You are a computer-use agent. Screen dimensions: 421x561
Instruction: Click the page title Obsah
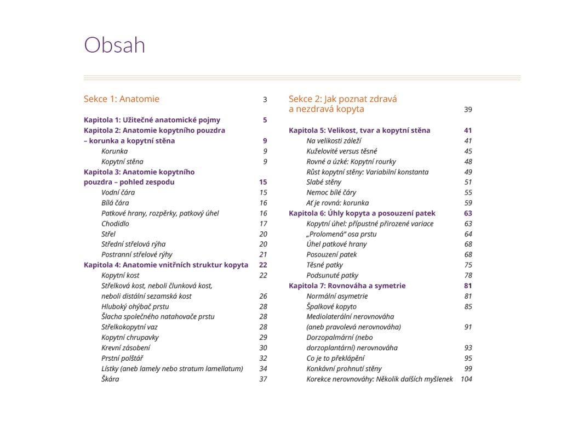pos(115,45)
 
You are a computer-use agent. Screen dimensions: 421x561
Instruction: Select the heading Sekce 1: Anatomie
pos(122,99)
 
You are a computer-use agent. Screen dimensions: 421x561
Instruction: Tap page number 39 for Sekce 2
pos(468,110)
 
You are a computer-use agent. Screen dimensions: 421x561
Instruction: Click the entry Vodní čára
pos(118,192)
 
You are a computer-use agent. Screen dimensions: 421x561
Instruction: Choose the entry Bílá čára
pos(115,203)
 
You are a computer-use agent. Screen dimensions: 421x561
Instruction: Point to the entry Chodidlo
pos(116,224)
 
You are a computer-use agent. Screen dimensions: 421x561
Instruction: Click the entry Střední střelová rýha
pos(133,244)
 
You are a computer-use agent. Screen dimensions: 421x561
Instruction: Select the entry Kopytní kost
pos(121,275)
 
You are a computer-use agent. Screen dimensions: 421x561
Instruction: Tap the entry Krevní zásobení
pos(126,348)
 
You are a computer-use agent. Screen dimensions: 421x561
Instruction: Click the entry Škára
pos(110,379)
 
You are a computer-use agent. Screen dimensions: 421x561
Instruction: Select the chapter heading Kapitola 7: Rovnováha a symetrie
pos(347,286)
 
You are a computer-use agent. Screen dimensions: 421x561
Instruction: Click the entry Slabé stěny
pos(324,182)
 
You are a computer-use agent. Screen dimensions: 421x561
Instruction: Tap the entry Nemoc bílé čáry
pos(331,192)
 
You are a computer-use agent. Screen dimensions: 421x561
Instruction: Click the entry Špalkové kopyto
pos(331,306)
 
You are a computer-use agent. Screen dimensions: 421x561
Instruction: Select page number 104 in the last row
pos(466,379)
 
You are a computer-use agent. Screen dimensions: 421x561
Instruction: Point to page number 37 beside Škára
pos(264,379)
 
